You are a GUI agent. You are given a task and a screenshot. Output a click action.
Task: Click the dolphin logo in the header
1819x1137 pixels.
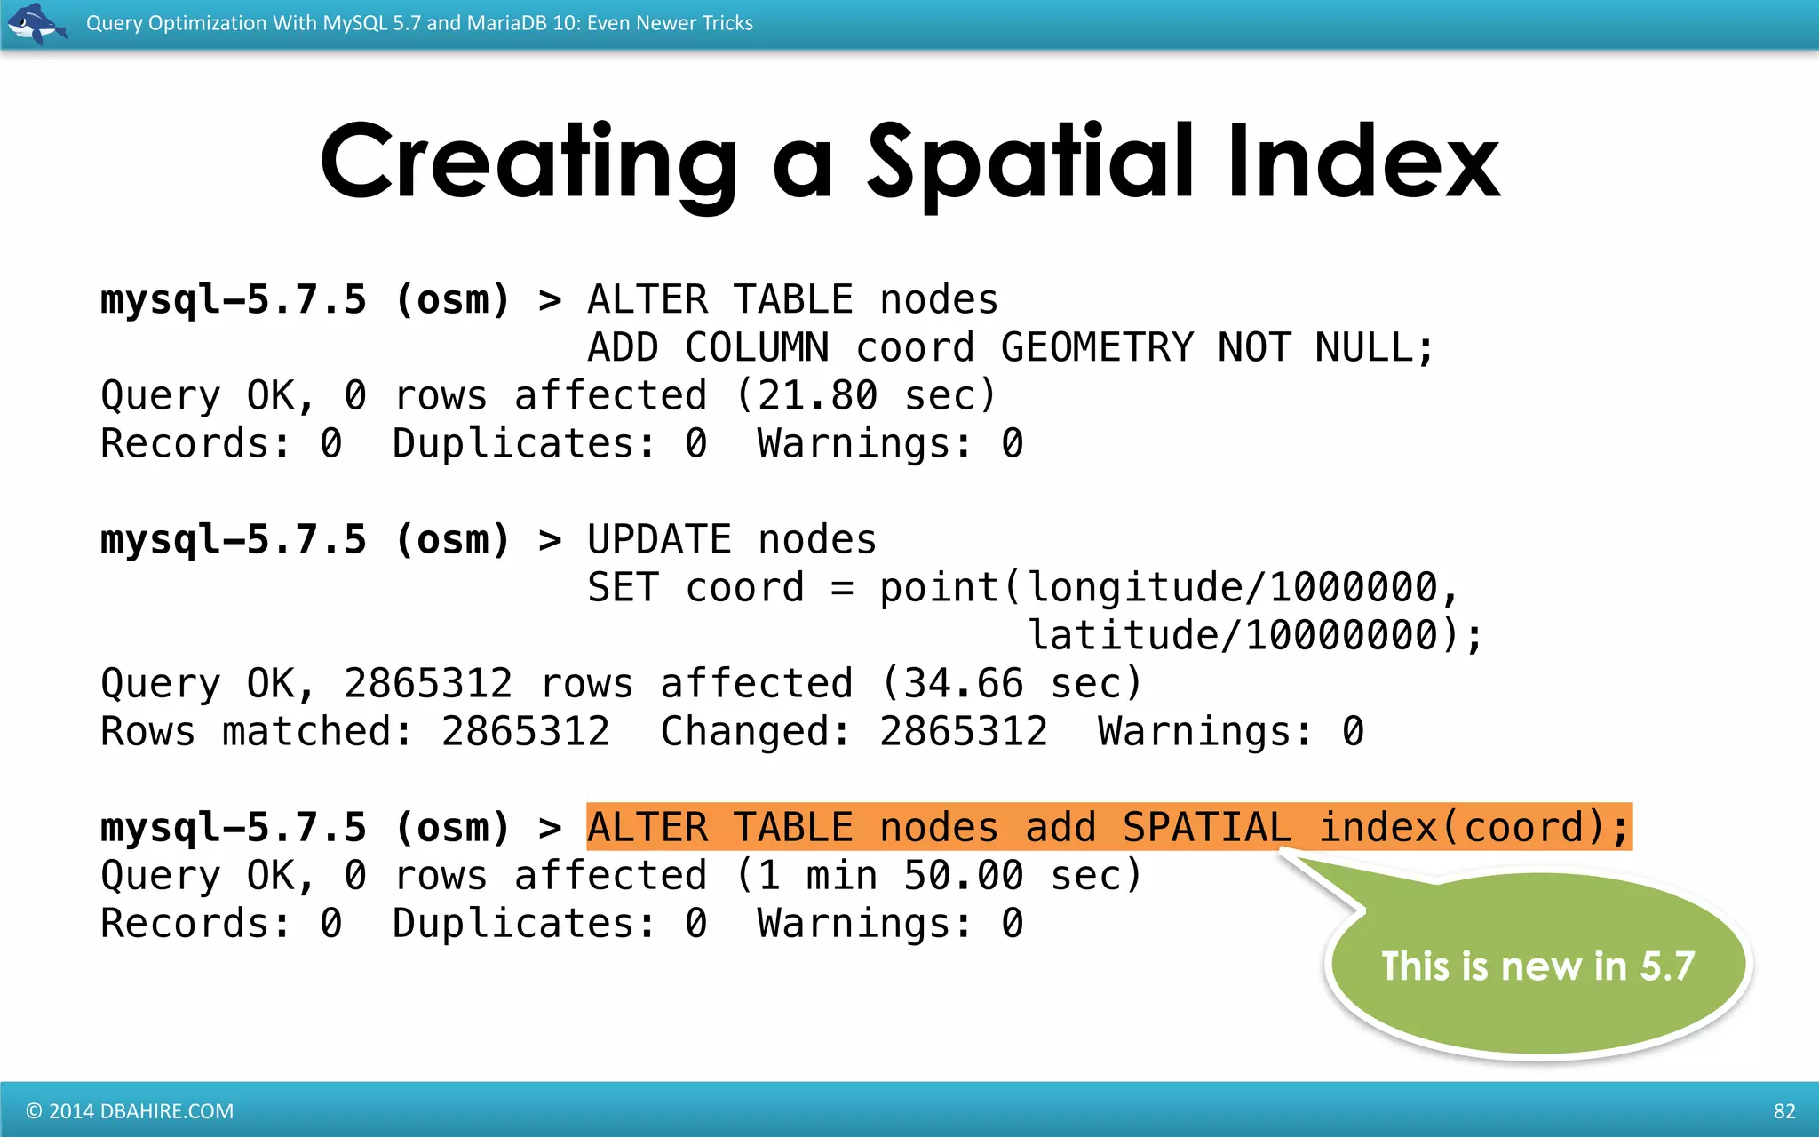36,24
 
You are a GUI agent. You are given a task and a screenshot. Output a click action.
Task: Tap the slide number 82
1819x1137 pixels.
1784,1111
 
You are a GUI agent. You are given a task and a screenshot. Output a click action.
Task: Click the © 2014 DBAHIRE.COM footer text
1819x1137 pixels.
130,1111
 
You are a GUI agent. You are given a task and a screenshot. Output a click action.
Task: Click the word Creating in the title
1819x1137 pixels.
528,162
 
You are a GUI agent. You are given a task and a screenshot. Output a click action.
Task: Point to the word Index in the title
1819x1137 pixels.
1363,162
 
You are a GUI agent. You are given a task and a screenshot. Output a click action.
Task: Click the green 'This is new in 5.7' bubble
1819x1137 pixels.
1538,966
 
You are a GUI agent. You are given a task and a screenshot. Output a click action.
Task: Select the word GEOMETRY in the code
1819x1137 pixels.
1097,347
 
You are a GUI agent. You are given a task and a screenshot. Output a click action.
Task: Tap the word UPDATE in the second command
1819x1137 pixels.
660,540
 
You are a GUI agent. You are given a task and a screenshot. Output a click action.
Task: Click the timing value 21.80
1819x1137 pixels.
818,395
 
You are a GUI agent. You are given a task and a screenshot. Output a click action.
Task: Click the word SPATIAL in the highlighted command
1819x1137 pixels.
1206,828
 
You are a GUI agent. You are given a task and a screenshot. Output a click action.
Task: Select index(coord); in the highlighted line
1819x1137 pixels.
1474,828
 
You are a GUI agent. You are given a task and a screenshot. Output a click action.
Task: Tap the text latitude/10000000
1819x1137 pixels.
1233,636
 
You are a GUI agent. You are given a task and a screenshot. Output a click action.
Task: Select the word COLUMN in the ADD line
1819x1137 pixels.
757,347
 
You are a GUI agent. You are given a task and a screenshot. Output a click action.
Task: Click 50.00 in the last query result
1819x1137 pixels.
964,876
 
